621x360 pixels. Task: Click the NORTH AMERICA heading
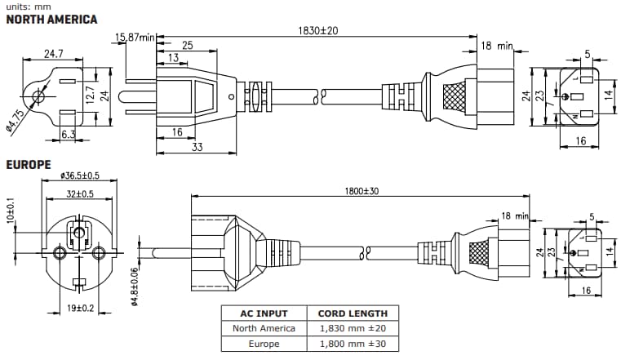coord(51,19)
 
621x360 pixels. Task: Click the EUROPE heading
coord(29,165)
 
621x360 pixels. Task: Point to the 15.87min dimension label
coord(135,37)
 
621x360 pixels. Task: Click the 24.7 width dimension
coord(54,53)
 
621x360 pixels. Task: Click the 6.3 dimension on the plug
coord(69,134)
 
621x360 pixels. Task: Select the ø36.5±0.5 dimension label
coord(79,175)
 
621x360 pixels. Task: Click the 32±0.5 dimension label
coord(79,193)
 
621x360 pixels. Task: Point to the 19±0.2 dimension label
coord(79,309)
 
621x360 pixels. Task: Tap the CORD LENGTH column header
coord(352,313)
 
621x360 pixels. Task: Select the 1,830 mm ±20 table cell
coord(352,329)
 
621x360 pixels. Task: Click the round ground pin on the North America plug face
coord(36,98)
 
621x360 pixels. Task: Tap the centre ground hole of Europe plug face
coord(78,233)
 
